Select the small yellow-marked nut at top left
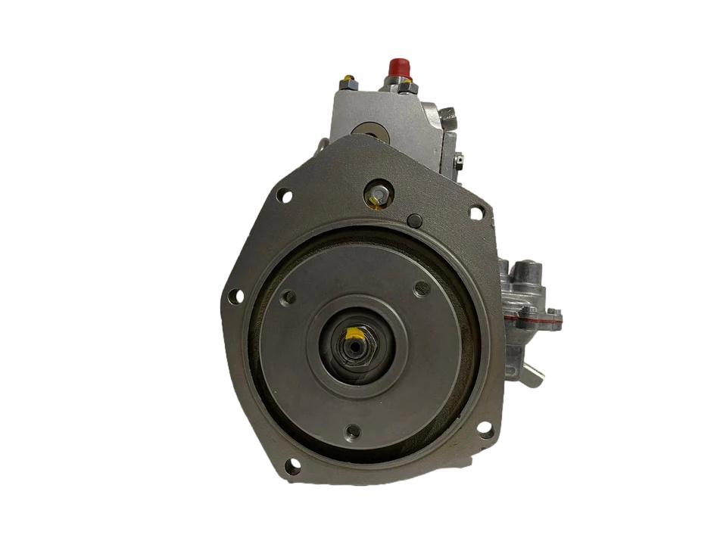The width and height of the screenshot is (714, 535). coord(348,79)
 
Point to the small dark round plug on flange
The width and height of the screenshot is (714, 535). coord(413,220)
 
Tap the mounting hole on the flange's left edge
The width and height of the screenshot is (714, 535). coord(235,296)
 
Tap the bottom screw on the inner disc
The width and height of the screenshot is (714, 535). coord(352,432)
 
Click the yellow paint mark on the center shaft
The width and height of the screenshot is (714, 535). coord(354,334)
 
